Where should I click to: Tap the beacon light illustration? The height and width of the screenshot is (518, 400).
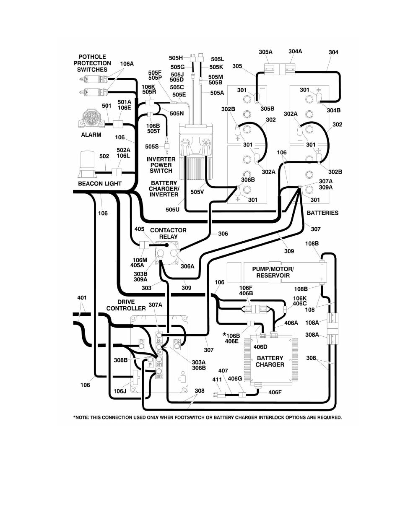(87, 164)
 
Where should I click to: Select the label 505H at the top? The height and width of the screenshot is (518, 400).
(176, 58)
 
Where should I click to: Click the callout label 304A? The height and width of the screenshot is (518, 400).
(295, 51)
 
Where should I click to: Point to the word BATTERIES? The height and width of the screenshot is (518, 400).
(322, 213)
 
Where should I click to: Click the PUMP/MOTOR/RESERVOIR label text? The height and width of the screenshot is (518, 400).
(273, 272)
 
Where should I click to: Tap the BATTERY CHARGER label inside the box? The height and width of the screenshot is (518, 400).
(270, 362)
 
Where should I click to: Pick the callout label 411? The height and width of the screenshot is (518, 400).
(217, 380)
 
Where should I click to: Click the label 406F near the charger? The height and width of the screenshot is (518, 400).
(275, 392)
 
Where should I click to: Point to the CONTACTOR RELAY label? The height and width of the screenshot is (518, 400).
(168, 233)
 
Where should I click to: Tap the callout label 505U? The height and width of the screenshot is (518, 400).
(172, 210)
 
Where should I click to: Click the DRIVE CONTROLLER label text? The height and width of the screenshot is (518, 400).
(126, 305)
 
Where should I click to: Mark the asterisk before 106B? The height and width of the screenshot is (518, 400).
(225, 335)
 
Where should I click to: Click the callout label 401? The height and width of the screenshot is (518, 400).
(82, 298)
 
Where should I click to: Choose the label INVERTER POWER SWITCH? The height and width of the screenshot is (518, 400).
(161, 165)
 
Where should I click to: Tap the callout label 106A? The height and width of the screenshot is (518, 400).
(127, 64)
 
